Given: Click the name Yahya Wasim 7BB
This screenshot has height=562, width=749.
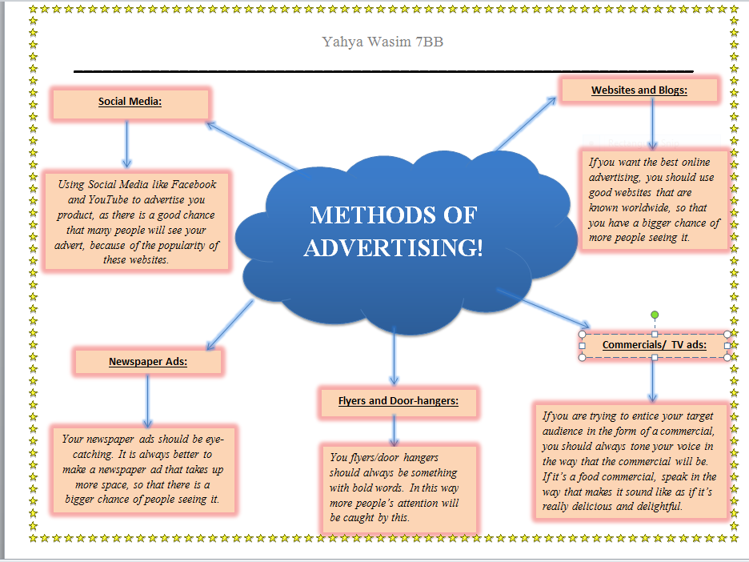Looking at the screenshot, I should (383, 42).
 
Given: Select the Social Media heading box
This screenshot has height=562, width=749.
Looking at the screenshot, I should (130, 103).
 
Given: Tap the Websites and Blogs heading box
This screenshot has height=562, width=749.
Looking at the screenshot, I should (639, 90).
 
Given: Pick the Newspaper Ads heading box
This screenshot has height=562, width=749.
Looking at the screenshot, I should (147, 362).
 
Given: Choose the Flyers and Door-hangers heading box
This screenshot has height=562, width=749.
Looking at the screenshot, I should (398, 401).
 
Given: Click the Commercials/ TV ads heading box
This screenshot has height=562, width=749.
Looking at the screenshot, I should (654, 345).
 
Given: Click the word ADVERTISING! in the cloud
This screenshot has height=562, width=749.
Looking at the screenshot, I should (393, 248).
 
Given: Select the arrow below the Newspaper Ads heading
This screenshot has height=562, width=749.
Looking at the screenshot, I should (148, 401).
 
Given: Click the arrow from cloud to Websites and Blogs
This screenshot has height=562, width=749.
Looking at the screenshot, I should (525, 123).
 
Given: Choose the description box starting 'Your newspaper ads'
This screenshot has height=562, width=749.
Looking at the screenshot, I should (142, 471).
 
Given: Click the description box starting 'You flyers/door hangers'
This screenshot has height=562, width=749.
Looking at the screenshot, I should (398, 488).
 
